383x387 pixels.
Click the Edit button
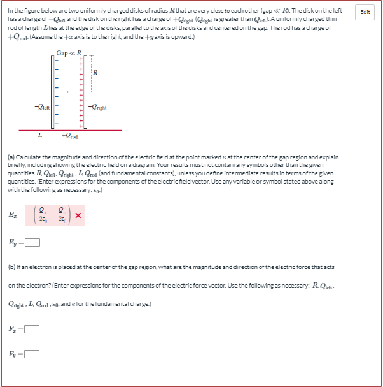[x=366, y=12]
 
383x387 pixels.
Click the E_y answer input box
[x=33, y=242]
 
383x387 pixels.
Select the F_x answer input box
[x=32, y=330]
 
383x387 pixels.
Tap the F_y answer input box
[x=32, y=354]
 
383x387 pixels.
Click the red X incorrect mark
[x=78, y=217]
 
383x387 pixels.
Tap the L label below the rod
[x=39, y=135]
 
